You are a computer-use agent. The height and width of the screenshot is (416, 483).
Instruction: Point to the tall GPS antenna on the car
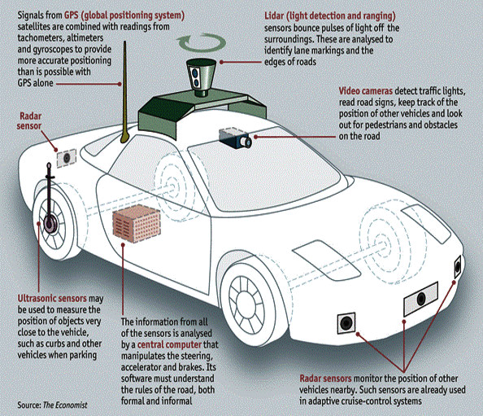(x=124, y=93)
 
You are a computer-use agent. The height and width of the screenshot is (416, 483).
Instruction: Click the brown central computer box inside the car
(x=137, y=223)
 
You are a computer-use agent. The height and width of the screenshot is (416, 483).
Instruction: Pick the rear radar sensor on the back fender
(x=67, y=159)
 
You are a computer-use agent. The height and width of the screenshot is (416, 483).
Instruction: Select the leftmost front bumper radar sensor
(x=346, y=323)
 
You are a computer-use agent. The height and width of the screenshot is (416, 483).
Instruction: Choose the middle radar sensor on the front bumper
(x=420, y=299)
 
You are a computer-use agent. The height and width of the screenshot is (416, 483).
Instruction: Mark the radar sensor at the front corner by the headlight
(x=458, y=267)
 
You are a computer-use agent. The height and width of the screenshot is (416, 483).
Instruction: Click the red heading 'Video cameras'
(x=366, y=91)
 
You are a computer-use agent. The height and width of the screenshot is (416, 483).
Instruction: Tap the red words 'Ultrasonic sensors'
(x=52, y=299)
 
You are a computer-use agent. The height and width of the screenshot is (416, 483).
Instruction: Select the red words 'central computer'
(x=169, y=344)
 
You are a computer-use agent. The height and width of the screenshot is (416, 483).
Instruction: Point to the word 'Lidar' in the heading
(x=274, y=15)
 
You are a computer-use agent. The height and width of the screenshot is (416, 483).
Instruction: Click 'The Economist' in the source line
(x=65, y=405)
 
